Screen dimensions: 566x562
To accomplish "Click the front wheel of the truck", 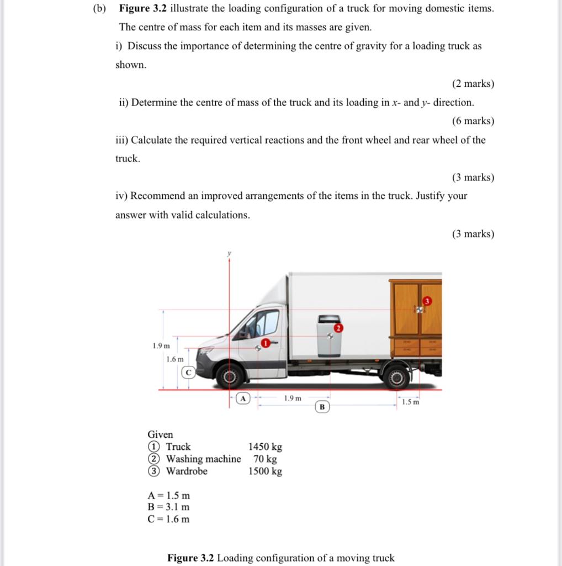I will tap(230, 378).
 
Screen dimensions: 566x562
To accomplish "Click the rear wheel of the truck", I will tap(396, 378).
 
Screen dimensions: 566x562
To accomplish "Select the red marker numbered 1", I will tap(266, 344).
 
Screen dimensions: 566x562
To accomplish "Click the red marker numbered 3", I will tap(426, 301).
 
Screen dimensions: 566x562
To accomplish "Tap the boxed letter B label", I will tap(322, 407).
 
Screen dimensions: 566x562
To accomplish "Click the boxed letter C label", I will tap(188, 372).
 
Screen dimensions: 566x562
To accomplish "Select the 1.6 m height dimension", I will tap(174, 359).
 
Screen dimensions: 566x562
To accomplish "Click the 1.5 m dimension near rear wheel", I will tap(410, 402).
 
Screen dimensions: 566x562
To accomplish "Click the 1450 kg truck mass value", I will tap(265, 447).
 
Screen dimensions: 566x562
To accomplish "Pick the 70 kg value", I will tap(265, 459).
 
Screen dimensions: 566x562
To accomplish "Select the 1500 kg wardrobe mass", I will tap(265, 471).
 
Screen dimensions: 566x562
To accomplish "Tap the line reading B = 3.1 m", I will tap(168, 507).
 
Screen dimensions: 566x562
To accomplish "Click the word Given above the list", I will tap(160, 434).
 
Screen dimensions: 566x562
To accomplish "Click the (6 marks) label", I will tap(473, 121).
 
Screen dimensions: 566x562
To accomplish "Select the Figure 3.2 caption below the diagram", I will tap(280, 557).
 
